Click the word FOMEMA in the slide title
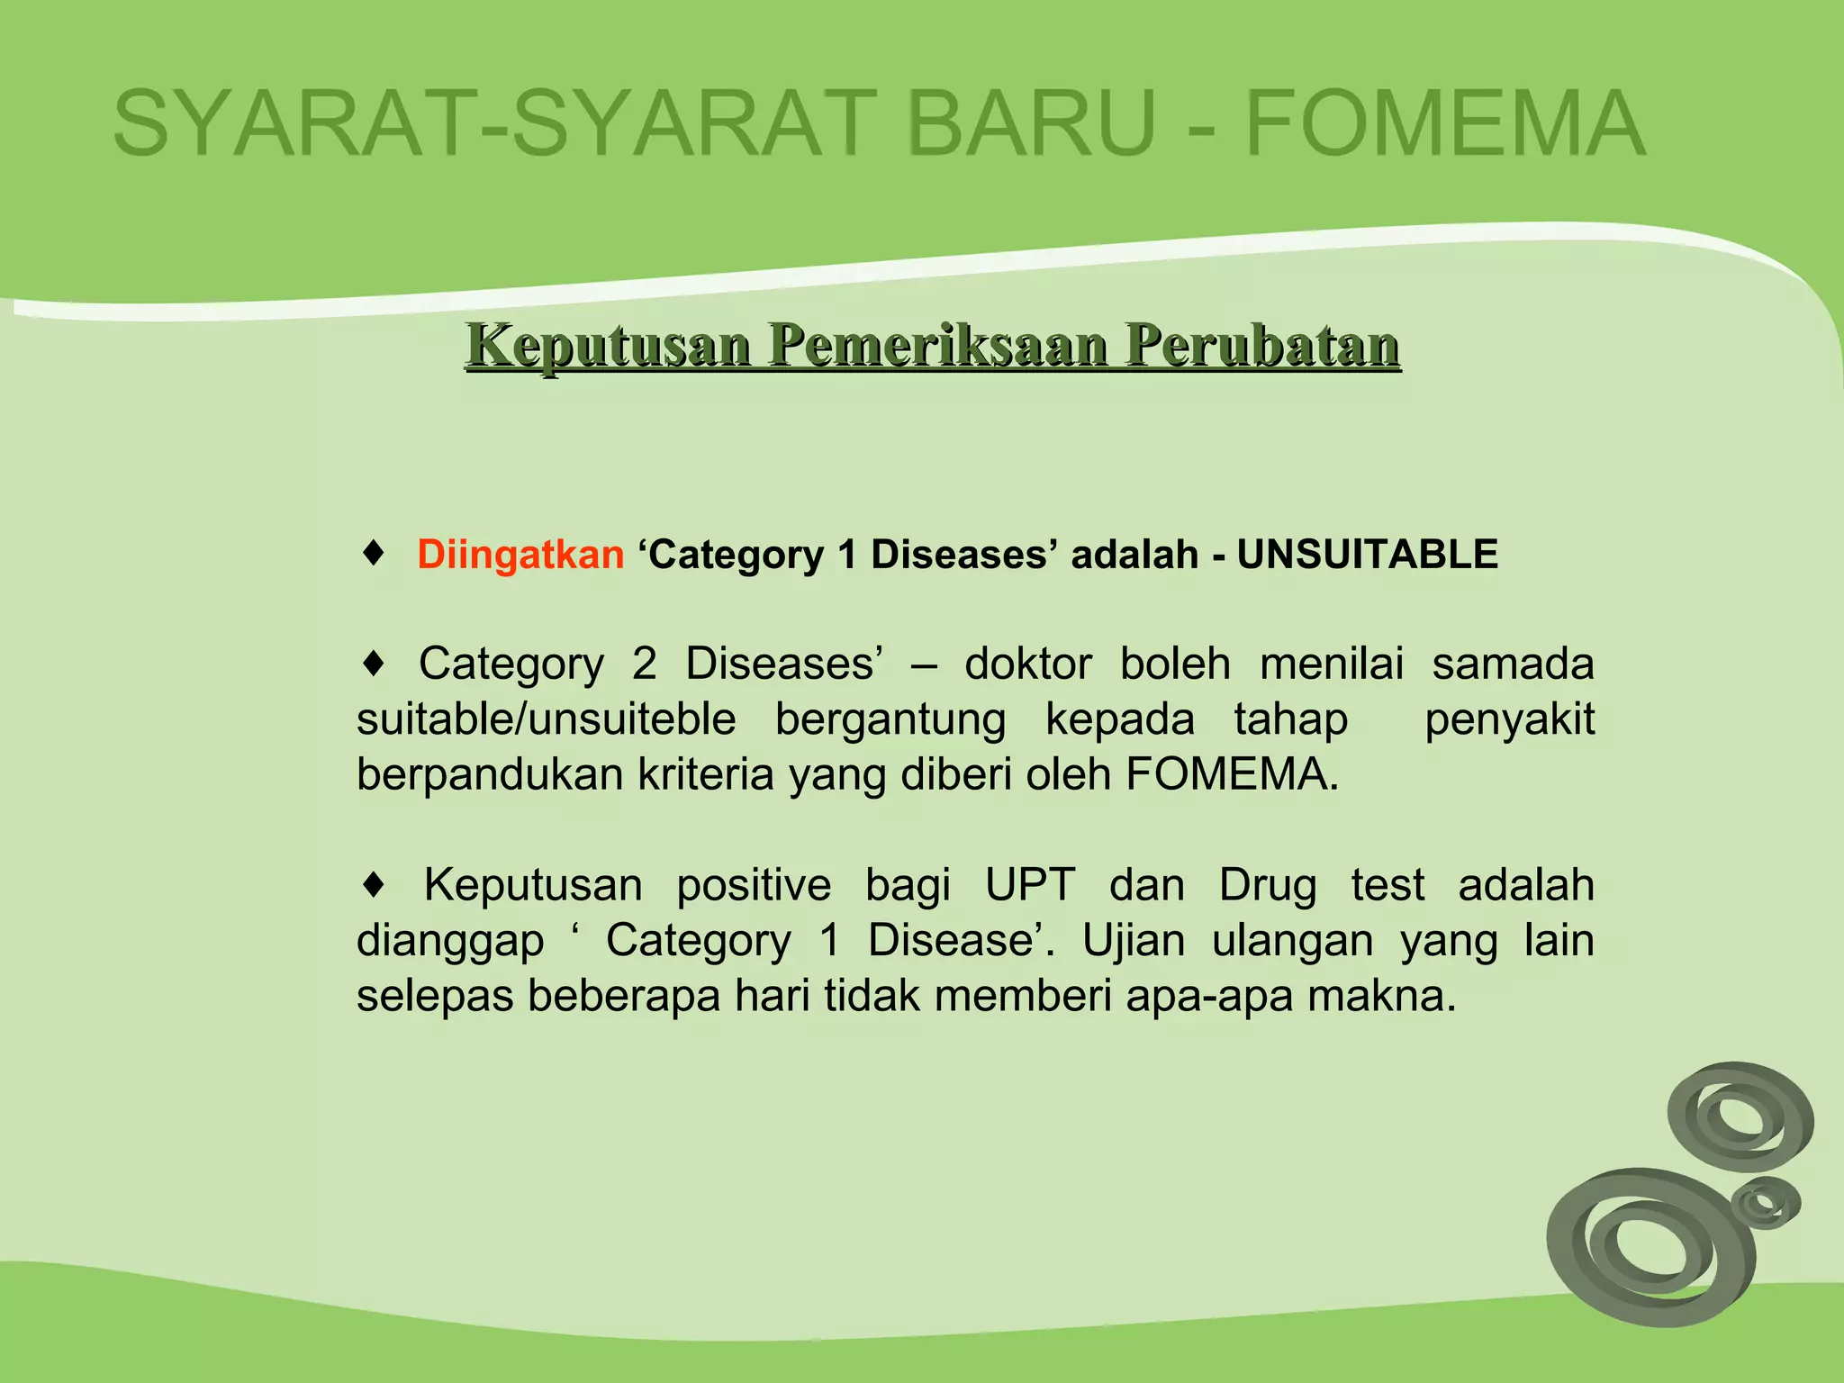click(x=1445, y=124)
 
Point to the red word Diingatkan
click(x=520, y=555)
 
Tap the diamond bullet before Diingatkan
click(x=374, y=552)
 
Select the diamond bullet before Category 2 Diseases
click(x=374, y=664)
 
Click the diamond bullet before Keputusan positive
click(x=374, y=885)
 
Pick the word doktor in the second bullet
click(x=1028, y=664)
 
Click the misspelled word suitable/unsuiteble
click(x=546, y=720)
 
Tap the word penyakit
click(x=1509, y=720)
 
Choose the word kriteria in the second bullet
click(x=705, y=775)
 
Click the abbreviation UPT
click(x=1030, y=885)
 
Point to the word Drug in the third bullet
click(x=1268, y=885)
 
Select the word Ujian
click(x=1133, y=941)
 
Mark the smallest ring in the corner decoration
click(x=1765, y=1203)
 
